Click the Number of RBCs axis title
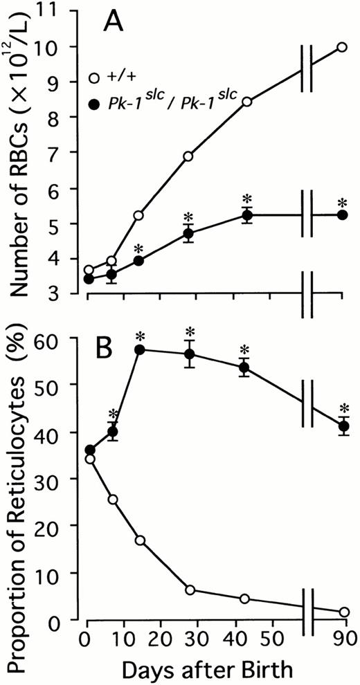pos(22,159)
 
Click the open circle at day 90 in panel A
pos(341,47)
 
